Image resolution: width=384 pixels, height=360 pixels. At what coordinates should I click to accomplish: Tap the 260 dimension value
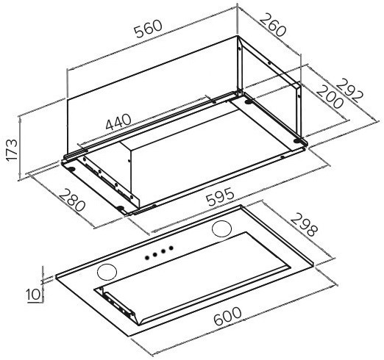pyautogui.click(x=272, y=25)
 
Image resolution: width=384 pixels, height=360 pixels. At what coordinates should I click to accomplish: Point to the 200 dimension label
pyautogui.click(x=330, y=97)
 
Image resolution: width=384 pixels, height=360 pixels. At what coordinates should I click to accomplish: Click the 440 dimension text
pyautogui.click(x=118, y=122)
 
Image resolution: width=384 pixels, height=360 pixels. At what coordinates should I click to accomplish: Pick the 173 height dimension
pyautogui.click(x=12, y=150)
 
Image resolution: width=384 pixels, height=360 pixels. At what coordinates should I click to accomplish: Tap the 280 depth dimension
pyautogui.click(x=72, y=200)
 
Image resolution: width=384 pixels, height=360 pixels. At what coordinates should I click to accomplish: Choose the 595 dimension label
pyautogui.click(x=220, y=197)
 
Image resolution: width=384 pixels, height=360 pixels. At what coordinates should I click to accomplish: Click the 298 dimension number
pyautogui.click(x=304, y=225)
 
